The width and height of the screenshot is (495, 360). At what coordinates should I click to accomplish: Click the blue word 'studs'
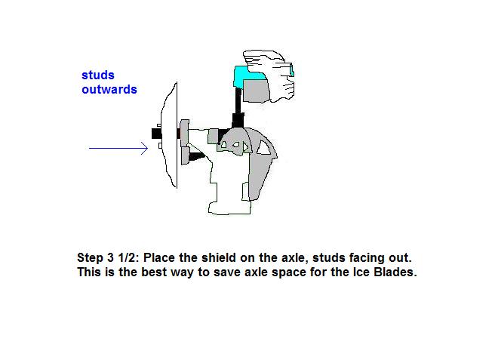click(98, 75)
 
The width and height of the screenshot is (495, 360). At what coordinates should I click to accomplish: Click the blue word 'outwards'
click(109, 90)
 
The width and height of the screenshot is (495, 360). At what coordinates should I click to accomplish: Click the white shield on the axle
click(171, 135)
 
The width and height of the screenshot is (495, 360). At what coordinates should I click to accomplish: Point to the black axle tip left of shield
click(156, 134)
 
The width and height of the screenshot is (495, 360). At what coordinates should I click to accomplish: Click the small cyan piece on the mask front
click(292, 70)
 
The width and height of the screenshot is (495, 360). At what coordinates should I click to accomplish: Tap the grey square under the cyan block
click(256, 91)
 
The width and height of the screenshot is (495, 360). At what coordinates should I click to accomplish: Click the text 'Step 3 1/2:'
click(108, 258)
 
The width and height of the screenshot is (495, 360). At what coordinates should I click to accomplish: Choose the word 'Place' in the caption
click(159, 257)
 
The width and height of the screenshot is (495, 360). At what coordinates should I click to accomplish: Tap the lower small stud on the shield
click(160, 146)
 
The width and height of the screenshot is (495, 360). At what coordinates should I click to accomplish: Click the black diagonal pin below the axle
click(196, 156)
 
